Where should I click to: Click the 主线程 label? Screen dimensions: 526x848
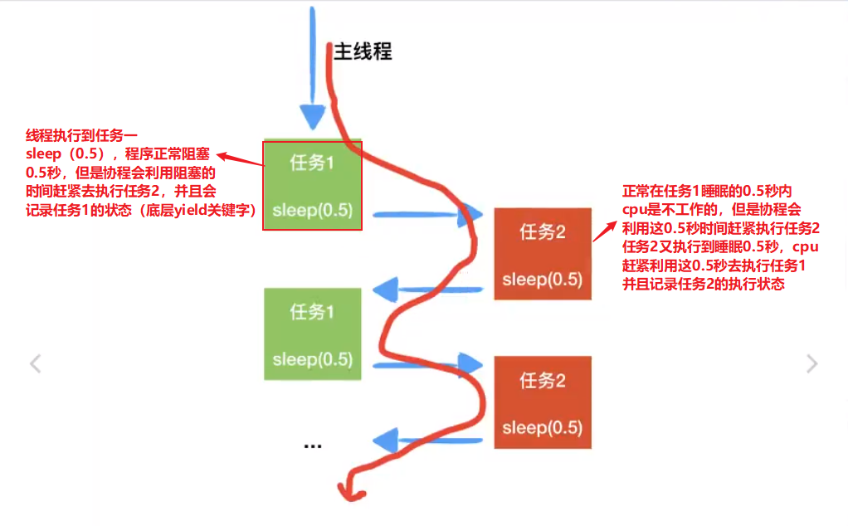(x=363, y=51)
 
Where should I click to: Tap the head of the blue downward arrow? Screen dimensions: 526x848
(x=313, y=117)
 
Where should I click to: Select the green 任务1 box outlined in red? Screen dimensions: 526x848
(x=313, y=185)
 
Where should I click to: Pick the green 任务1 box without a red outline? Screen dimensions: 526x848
(x=313, y=334)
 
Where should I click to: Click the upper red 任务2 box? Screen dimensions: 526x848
(x=543, y=254)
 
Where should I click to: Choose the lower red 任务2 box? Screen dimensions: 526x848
(x=543, y=402)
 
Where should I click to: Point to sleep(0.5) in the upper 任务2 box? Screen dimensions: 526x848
(x=543, y=280)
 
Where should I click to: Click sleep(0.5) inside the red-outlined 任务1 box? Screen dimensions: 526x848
(x=313, y=212)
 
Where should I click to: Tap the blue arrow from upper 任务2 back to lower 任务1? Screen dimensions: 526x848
(x=427, y=290)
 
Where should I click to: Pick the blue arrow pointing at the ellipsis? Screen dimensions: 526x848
(x=427, y=440)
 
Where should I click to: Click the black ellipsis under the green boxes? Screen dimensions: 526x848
(x=313, y=446)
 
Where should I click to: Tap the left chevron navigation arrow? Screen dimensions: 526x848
(x=35, y=363)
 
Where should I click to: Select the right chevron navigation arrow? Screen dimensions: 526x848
(x=812, y=363)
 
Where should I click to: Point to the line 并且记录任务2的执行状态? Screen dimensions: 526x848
(x=703, y=284)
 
